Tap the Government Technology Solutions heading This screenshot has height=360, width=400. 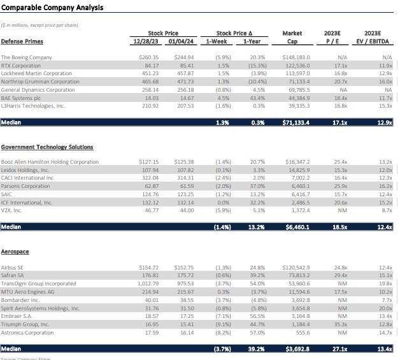coord(47,147)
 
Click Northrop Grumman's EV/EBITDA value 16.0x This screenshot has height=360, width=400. coord(384,82)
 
